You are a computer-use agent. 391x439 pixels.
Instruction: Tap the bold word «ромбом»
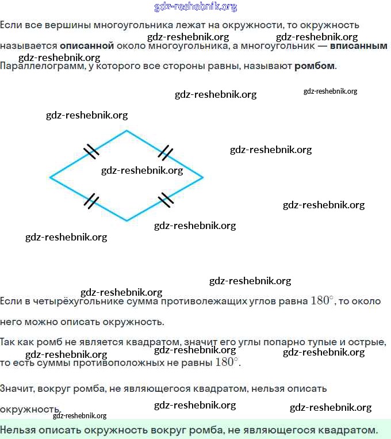(x=314, y=66)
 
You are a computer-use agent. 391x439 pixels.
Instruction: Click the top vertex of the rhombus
(x=127, y=131)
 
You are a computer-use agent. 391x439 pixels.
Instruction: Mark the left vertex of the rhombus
(x=50, y=177)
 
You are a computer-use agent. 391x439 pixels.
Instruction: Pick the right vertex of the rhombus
(x=203, y=177)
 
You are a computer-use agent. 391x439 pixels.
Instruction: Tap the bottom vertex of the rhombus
(x=127, y=221)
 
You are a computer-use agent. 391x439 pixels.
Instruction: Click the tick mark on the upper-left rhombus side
(x=91, y=152)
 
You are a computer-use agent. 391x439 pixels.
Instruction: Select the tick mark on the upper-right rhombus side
(x=165, y=152)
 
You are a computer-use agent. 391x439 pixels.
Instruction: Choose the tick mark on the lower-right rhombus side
(x=166, y=199)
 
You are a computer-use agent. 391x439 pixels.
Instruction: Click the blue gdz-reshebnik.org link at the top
(x=195, y=7)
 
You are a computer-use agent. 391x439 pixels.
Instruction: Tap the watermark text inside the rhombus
(x=142, y=170)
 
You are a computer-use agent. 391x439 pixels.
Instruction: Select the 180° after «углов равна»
(x=322, y=300)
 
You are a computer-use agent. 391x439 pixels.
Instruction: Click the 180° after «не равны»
(x=226, y=362)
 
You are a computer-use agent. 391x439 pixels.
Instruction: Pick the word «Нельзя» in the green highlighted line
(x=20, y=429)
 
